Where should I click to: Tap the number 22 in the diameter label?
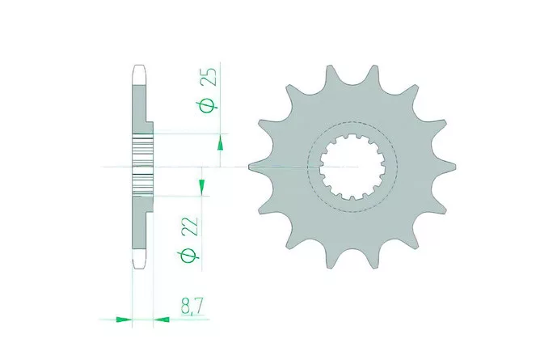coord(191,226)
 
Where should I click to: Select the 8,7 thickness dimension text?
coord(192,307)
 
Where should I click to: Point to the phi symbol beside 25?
coord(209,105)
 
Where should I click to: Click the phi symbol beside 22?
coord(189,256)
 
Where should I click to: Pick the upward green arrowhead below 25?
coord(220,143)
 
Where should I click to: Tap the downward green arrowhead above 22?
coord(201,186)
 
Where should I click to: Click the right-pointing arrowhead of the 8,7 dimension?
coord(124,320)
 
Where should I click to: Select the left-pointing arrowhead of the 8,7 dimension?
coord(162,320)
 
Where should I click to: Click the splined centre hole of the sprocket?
coord(352,167)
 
